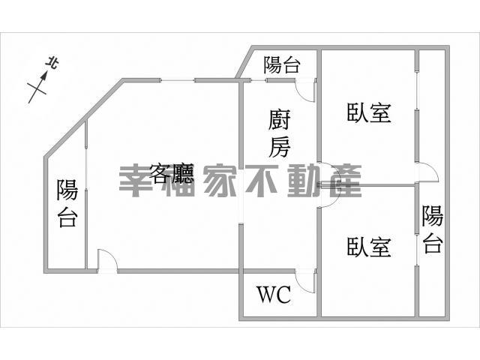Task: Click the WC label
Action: click(x=274, y=295)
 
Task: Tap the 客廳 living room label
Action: click(x=172, y=173)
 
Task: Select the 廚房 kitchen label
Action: click(x=279, y=133)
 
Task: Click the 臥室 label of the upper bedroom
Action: click(x=369, y=113)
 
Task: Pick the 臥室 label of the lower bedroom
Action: click(x=369, y=247)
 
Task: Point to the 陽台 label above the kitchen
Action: click(x=282, y=65)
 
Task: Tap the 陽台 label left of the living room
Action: click(x=67, y=203)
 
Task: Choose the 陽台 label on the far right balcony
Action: click(x=433, y=229)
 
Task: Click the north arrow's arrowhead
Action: click(x=44, y=76)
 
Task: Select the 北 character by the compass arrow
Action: click(x=52, y=64)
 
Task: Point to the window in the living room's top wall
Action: click(x=178, y=80)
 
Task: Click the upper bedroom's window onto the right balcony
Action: click(x=417, y=90)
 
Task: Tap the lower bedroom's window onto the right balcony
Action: click(x=417, y=250)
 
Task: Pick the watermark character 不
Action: click(x=262, y=181)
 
